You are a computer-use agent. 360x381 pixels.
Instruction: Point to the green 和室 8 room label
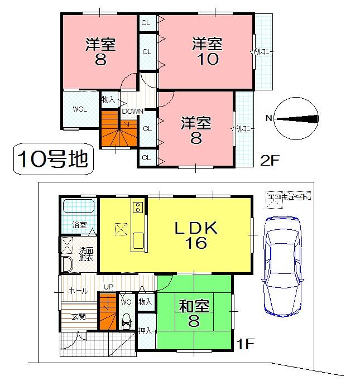(x=194, y=314)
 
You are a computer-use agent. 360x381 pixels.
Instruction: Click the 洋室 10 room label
(x=207, y=51)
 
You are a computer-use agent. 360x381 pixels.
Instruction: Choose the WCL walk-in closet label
(x=80, y=109)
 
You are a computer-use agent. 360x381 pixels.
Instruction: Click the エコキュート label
(x=289, y=196)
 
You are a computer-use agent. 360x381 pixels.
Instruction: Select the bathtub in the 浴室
(x=79, y=208)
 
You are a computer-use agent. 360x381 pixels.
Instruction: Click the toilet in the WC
(x=126, y=321)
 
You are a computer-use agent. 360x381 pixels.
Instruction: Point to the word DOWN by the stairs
(x=132, y=111)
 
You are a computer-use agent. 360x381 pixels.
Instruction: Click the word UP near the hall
(x=108, y=287)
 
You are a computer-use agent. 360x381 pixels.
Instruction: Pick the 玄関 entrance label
(x=78, y=316)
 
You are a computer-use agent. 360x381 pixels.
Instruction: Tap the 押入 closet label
(x=145, y=331)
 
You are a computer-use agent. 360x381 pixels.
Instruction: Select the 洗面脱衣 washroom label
(x=86, y=254)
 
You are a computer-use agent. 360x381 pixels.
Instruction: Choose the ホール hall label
(x=78, y=291)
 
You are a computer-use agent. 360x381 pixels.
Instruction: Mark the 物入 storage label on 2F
(x=108, y=99)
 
